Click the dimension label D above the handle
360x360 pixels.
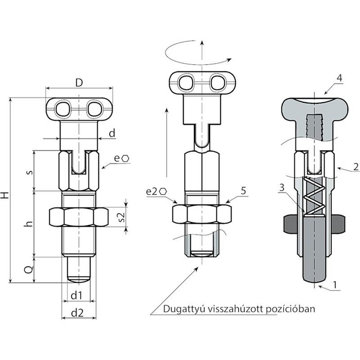(x=79, y=82)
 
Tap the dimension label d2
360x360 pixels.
(x=77, y=313)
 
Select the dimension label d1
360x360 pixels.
(x=76, y=295)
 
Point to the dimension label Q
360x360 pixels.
(x=29, y=270)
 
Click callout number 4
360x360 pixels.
(x=339, y=78)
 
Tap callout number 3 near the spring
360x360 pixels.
(x=281, y=187)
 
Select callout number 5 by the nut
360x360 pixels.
(x=243, y=191)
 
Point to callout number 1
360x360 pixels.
(x=335, y=285)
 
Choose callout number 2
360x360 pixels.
(x=356, y=167)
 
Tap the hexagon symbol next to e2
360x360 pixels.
(x=163, y=191)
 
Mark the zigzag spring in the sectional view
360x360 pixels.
(x=315, y=197)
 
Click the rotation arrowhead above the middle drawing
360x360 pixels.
(x=229, y=60)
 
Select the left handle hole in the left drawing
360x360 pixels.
(x=63, y=109)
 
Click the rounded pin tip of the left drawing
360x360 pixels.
(x=79, y=279)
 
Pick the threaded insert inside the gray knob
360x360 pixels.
(x=314, y=127)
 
